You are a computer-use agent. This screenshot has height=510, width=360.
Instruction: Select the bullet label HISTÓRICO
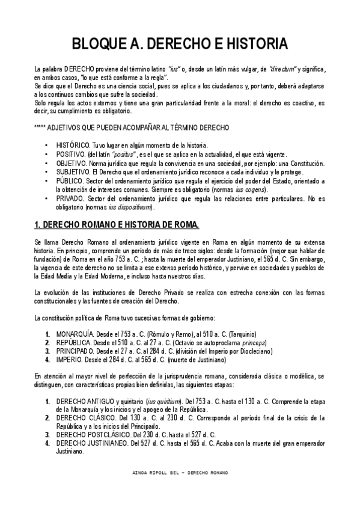73,146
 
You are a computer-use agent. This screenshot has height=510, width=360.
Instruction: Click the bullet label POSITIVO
71,155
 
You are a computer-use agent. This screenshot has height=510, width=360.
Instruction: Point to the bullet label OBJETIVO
72,164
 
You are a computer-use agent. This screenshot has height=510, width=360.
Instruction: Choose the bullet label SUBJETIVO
73,172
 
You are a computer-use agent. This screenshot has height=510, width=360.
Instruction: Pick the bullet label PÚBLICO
70,181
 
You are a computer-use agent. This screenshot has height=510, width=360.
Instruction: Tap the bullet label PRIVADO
70,198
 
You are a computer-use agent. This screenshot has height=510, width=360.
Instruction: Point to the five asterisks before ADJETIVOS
44,129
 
